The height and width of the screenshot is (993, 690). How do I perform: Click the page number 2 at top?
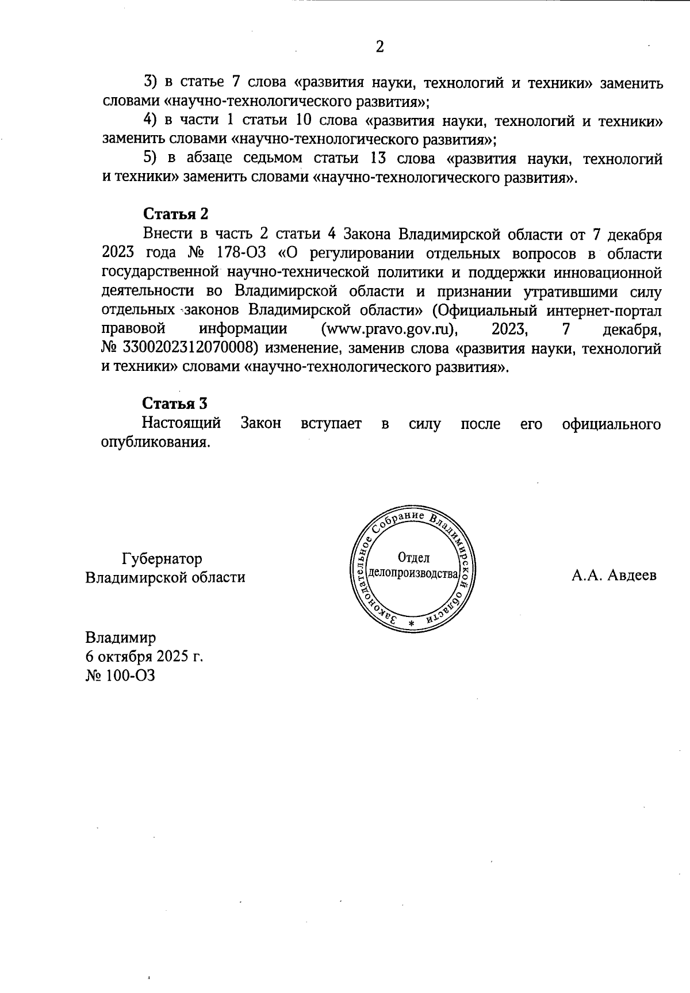pos(379,47)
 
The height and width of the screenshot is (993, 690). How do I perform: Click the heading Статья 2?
pos(175,214)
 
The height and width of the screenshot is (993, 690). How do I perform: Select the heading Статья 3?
pos(175,404)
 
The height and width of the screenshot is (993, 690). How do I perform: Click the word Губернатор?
pos(162,559)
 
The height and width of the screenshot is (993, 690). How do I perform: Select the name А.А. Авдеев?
pos(614,576)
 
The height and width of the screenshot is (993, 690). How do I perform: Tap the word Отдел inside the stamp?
pos(413,557)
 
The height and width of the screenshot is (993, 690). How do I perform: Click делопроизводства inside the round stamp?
pos(413,574)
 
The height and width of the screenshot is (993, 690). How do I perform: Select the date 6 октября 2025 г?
pos(144,657)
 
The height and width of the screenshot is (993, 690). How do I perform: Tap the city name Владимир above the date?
pos(120,638)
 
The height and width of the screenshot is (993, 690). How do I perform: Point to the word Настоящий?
pos(182,424)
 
